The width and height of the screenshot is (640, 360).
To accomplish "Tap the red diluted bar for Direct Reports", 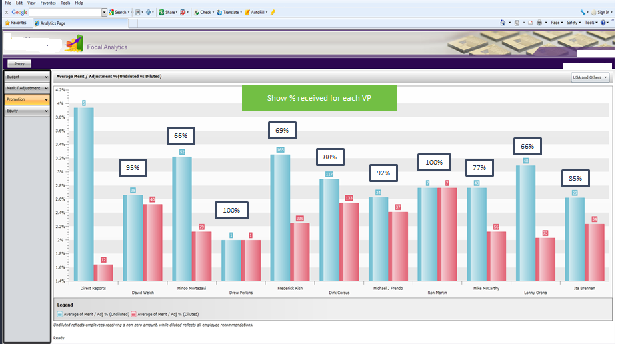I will (103, 272).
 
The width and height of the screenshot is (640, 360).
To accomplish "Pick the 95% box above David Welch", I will (132, 168).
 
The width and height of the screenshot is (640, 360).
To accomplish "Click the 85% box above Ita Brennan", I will (575, 179).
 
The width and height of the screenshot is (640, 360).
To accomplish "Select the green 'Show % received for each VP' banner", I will (319, 98).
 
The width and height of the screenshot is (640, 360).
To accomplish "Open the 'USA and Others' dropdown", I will (590, 77).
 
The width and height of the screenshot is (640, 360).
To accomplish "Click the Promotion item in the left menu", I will (27, 99).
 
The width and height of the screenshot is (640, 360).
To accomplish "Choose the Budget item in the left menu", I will (27, 77).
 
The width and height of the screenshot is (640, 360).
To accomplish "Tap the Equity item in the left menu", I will (27, 111).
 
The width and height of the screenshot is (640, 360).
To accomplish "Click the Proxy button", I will (19, 64).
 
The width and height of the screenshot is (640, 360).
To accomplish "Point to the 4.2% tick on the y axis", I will (60, 90).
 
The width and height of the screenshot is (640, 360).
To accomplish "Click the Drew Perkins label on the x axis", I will (231, 292).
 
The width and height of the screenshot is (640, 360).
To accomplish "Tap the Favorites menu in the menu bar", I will (48, 3).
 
